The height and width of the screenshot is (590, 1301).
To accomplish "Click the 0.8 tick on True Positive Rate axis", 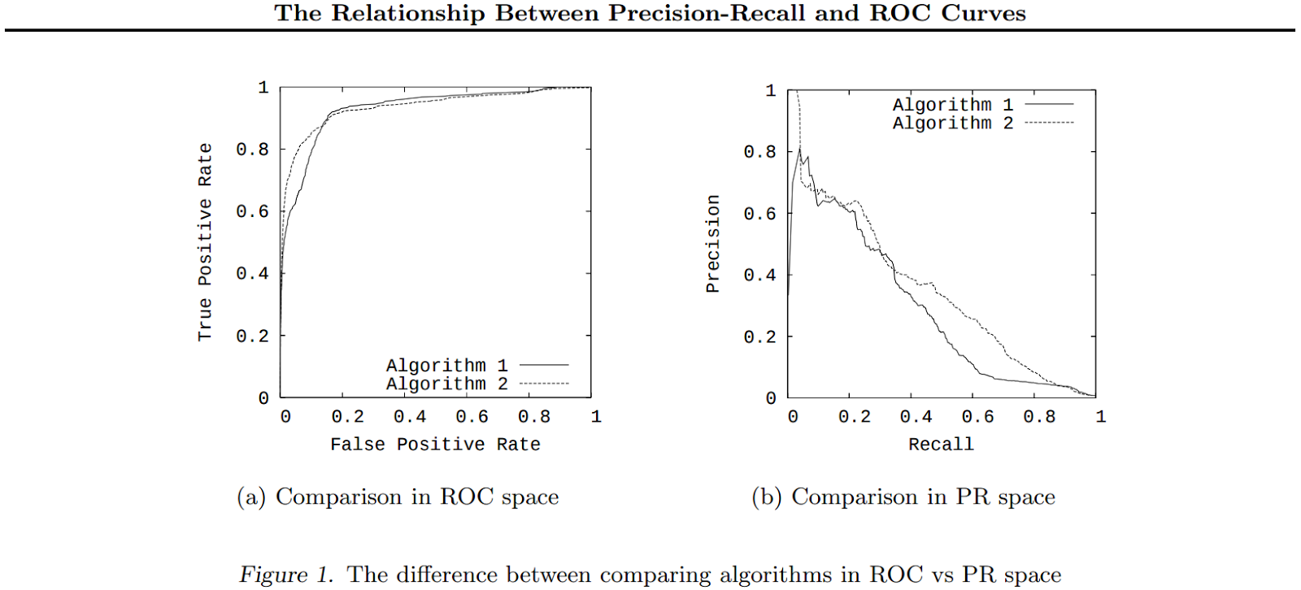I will point(252,150).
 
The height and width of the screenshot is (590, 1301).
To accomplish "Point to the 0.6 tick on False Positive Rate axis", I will point(472,417).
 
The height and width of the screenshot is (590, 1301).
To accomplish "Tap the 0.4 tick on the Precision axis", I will point(759,275).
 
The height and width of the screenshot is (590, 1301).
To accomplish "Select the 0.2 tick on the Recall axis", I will point(854,417).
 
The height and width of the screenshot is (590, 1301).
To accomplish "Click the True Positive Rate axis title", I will point(205,242).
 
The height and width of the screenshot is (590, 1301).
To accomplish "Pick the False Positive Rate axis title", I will point(435,445).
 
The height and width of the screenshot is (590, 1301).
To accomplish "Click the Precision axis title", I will point(713,244).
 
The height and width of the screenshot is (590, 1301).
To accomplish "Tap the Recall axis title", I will point(941,445).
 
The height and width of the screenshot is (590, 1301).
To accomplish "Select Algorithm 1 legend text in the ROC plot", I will point(446,366).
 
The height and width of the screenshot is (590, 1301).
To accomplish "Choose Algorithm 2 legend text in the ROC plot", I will point(446,384).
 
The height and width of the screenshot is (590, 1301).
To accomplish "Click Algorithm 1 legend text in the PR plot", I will point(953,105).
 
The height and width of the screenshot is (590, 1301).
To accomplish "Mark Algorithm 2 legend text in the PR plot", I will point(953,124).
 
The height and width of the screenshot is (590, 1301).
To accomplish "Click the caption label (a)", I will point(251,497).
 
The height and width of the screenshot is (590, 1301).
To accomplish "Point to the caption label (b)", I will point(766,497).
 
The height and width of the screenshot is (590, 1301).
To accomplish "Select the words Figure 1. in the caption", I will point(286,575).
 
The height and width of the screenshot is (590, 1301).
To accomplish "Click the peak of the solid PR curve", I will point(800,149).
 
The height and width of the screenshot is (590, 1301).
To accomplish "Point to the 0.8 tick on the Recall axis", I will point(1039,417).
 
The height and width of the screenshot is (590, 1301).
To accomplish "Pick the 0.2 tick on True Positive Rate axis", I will point(252,336).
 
